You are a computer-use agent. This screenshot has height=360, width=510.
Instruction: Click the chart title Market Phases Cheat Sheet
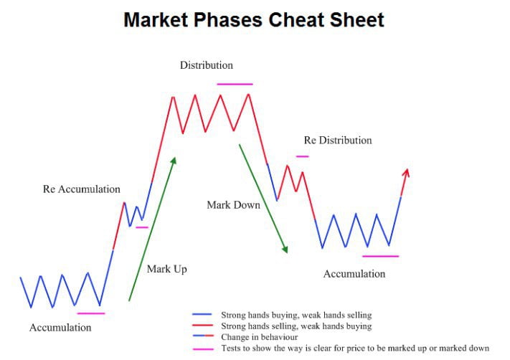254,20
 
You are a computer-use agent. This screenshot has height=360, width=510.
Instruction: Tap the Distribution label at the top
207,65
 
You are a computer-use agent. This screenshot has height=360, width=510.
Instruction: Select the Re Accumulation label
82,189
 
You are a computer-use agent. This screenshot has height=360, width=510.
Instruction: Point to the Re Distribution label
338,140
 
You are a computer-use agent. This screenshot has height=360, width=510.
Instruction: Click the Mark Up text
167,269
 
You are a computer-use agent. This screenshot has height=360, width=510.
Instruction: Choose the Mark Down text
234,205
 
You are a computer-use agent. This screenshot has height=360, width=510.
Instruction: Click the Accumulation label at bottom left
60,328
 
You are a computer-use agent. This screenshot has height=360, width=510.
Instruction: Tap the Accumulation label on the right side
354,274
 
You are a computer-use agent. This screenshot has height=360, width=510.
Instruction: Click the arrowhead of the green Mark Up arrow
174,161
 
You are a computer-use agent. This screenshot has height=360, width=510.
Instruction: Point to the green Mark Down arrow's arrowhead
285,250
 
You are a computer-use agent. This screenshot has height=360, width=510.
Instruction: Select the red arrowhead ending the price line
406,172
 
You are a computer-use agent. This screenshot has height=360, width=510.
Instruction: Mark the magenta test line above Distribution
235,84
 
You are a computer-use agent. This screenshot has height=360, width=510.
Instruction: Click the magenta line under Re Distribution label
303,156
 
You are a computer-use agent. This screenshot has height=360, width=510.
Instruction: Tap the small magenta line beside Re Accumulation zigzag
142,227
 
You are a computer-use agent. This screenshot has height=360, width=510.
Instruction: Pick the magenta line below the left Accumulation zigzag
91,313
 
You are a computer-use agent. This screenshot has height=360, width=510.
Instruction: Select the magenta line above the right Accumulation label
381,256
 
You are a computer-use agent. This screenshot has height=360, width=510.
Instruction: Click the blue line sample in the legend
202,315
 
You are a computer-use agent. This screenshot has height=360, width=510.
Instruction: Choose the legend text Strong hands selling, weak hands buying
296,326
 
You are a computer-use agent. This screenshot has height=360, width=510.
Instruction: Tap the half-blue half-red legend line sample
203,336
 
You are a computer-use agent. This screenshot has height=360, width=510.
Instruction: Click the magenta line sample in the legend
203,349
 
